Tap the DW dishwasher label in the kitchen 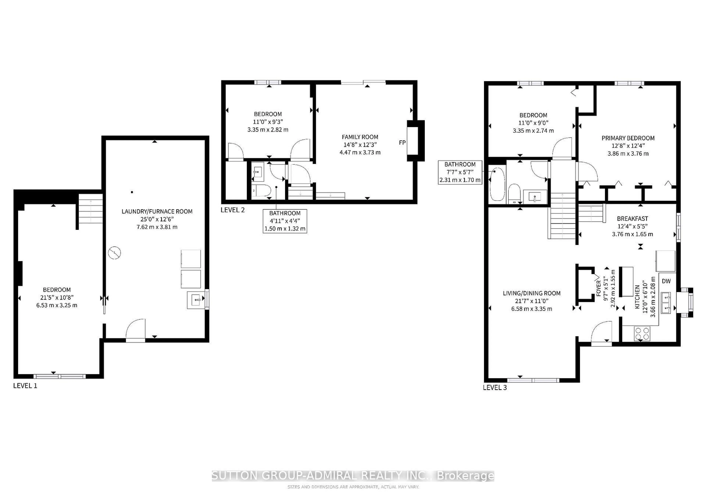[666, 281]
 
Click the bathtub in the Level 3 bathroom [497, 184]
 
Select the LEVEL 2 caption [232, 210]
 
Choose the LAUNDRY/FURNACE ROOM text [157, 212]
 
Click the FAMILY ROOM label [360, 137]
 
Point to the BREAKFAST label [632, 219]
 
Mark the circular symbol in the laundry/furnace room [114, 253]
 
